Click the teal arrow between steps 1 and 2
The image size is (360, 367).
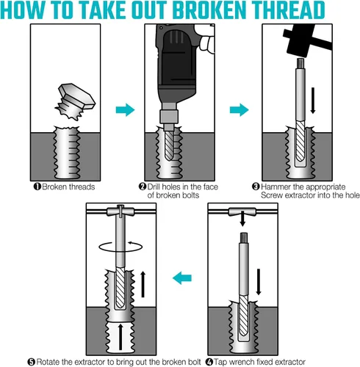coord(125,109)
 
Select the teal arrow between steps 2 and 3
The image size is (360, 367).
coord(239,109)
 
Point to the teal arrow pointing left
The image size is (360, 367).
coord(182,277)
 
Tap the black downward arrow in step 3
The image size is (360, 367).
coord(313,101)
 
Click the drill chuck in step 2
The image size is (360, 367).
coord(168,117)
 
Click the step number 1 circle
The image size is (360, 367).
coord(37,186)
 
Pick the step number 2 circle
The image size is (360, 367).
coord(143,186)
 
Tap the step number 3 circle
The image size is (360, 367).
coord(256,186)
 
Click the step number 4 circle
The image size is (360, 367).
coord(209,362)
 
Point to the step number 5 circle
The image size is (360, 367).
coord(32,362)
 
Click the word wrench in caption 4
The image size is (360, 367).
coord(242,362)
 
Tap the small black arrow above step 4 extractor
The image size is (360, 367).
coord(242,218)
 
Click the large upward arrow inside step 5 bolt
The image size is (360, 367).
coord(120,337)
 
